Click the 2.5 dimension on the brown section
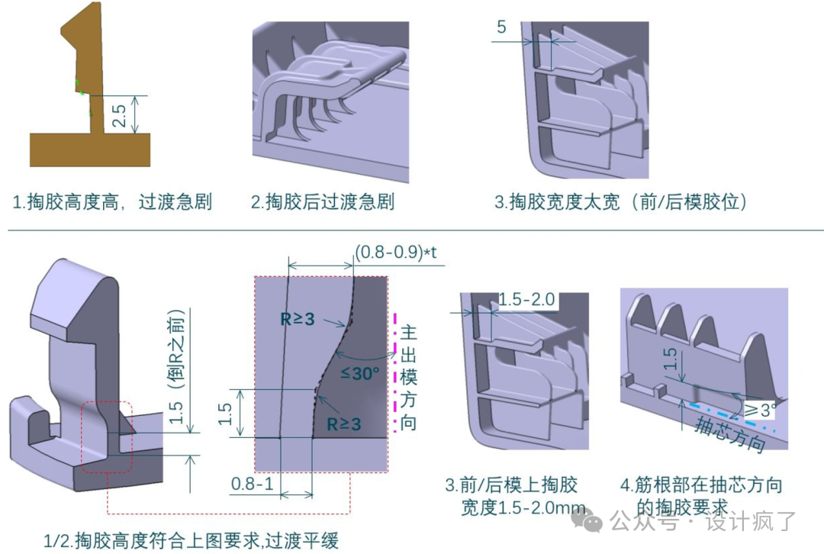(x=119, y=115)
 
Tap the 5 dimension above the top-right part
(x=501, y=27)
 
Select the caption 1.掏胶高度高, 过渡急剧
(x=112, y=203)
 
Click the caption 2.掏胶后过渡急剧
(x=323, y=203)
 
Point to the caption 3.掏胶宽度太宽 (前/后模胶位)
(x=620, y=203)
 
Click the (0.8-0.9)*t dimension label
(x=396, y=253)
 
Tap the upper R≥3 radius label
(x=297, y=320)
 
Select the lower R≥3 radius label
(x=343, y=424)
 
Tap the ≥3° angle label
(x=760, y=410)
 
